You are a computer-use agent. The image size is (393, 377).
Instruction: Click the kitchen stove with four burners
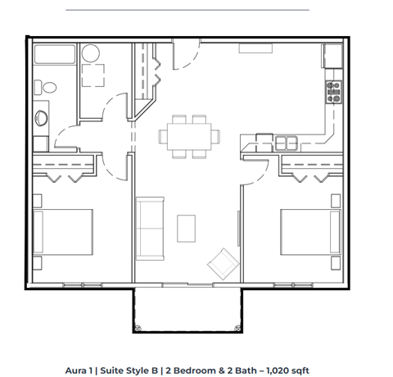333,91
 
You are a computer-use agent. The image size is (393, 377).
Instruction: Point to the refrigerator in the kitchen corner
332,56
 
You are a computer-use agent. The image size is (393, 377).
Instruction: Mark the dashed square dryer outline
94,78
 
